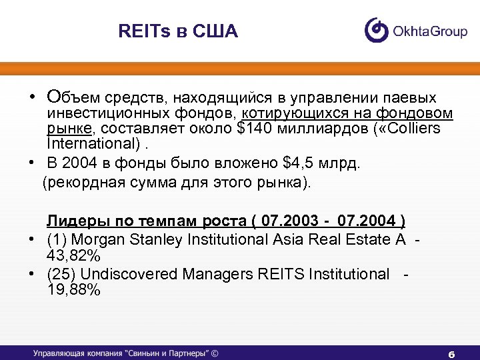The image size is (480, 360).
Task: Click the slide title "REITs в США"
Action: [x=177, y=31]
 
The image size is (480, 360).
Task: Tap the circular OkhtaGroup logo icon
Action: [x=377, y=30]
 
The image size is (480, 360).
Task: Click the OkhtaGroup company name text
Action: [x=429, y=31]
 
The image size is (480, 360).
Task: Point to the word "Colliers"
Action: [x=429, y=128]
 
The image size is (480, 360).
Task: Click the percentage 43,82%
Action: [x=73, y=255]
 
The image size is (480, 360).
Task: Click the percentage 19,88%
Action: [x=73, y=290]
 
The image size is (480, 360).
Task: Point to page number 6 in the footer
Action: [x=451, y=353]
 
